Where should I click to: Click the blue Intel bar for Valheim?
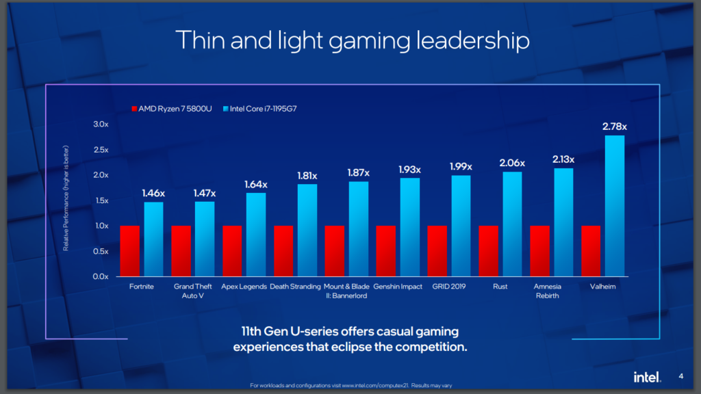615,205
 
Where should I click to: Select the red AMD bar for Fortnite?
130,250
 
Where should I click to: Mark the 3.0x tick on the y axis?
100,124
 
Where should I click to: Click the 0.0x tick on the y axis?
100,276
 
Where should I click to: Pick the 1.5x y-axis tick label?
100,200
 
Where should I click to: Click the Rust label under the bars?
500,287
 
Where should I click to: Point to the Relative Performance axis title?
66,198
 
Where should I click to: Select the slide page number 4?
680,376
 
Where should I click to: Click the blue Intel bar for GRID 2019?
461,226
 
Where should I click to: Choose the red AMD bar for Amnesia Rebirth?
540,250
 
